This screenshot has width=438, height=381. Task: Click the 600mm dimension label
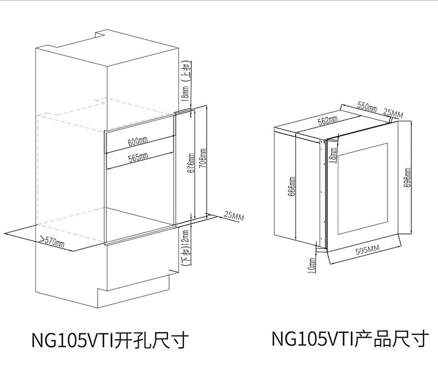(x=138, y=142)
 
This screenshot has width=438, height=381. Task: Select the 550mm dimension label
(x=367, y=105)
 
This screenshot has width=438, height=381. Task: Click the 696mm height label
(x=406, y=177)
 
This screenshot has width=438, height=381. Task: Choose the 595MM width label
(x=366, y=251)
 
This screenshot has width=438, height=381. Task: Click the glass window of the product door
(x=363, y=189)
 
